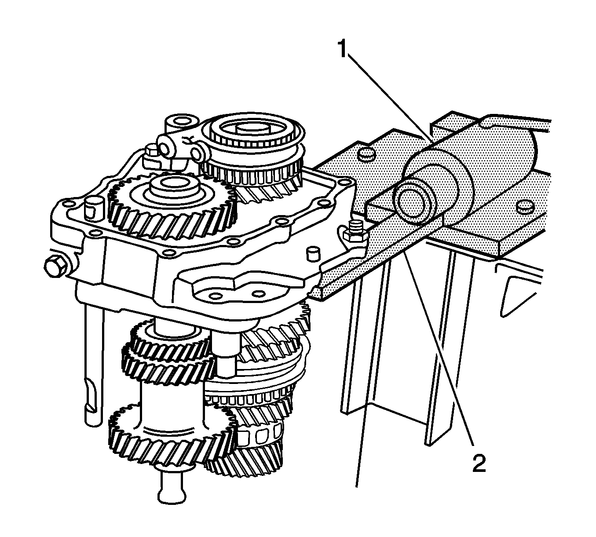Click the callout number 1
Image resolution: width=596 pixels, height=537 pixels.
click(343, 50)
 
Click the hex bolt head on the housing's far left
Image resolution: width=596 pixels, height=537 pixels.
click(55, 266)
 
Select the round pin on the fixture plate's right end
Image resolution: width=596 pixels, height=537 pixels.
click(525, 207)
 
